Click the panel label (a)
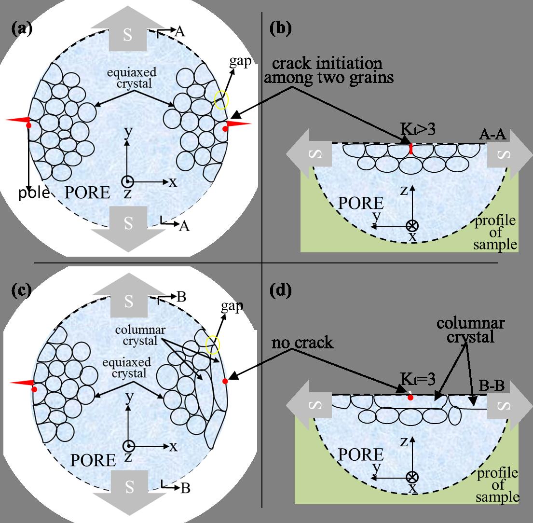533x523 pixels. (x=22, y=30)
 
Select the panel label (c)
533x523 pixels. (x=22, y=291)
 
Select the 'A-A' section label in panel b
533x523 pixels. (x=493, y=136)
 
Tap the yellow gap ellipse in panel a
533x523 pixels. (x=221, y=100)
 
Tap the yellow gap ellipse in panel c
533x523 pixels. (x=213, y=344)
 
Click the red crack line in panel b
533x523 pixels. (x=410, y=149)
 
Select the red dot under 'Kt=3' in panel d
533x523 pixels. (x=410, y=398)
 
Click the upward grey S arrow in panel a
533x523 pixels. (x=127, y=32)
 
